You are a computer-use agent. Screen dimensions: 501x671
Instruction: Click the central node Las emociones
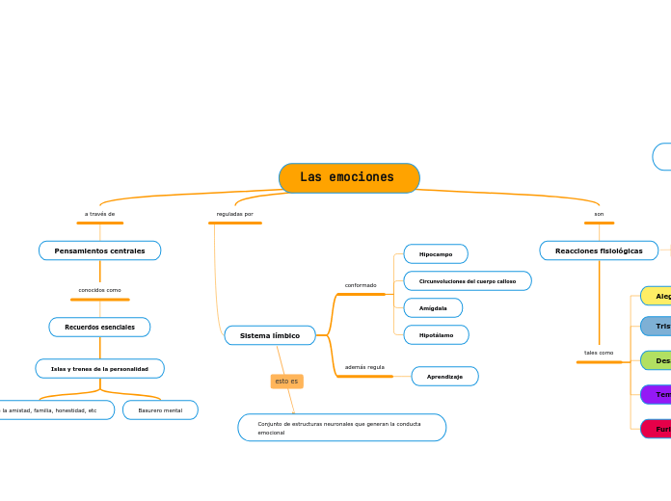[349, 178]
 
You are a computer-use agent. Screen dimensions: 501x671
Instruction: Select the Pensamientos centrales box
[99, 250]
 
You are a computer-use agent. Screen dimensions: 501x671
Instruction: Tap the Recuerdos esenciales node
[99, 328]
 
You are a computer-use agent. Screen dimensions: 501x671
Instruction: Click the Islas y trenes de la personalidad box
[99, 369]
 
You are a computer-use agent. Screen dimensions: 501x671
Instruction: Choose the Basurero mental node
[160, 410]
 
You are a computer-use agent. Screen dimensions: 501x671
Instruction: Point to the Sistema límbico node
[270, 335]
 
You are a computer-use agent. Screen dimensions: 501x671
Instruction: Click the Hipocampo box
[436, 254]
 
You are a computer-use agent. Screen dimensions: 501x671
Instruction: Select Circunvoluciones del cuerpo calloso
[468, 281]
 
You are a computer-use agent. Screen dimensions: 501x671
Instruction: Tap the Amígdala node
[433, 308]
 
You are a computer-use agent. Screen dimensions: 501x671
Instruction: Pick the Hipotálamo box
[436, 335]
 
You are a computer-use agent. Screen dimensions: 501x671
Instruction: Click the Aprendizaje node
[444, 377]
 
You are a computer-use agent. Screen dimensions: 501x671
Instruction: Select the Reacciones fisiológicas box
[599, 250]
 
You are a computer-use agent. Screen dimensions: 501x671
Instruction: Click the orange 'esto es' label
[286, 382]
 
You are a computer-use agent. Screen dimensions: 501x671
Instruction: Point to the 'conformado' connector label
[361, 285]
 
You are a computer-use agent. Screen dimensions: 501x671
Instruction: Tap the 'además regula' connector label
[364, 367]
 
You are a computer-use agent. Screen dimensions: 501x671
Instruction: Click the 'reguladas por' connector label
[234, 214]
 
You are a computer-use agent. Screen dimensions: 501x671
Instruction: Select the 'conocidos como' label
[99, 290]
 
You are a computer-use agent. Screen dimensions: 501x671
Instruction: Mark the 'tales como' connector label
[599, 353]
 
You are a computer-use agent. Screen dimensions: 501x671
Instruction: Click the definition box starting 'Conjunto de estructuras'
[341, 428]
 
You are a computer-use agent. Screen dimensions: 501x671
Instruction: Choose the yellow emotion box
[657, 296]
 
